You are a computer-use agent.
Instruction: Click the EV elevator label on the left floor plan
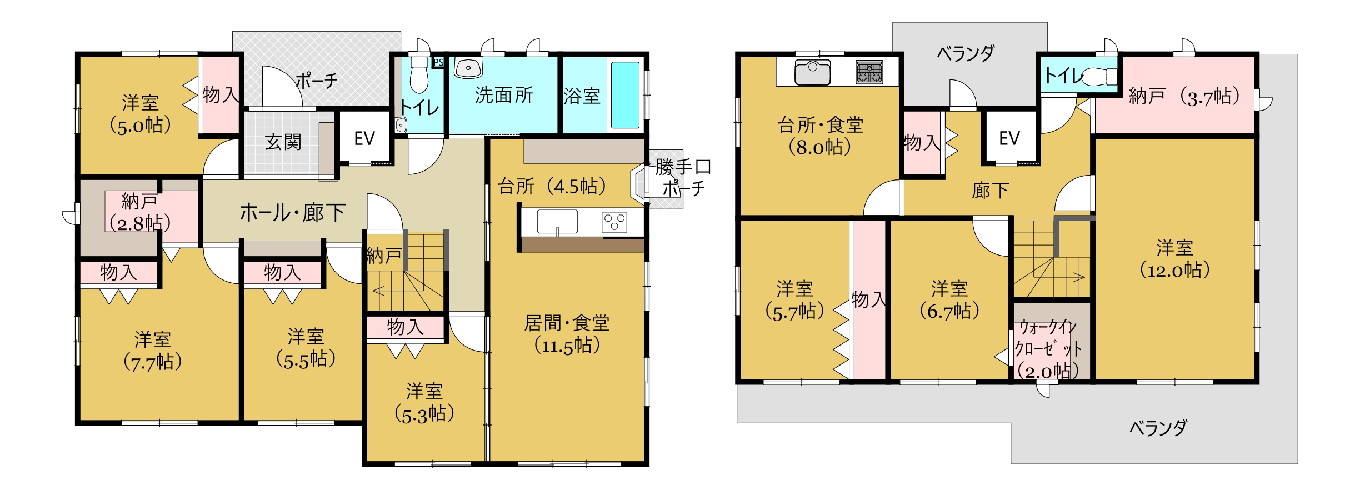coord(364,138)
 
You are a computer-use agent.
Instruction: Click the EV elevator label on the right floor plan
coord(1009,138)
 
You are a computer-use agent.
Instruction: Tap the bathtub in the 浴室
coord(625,95)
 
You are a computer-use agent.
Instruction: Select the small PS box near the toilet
coord(438,62)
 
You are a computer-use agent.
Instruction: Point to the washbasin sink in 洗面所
coord(468,68)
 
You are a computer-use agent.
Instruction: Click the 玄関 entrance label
coord(283,142)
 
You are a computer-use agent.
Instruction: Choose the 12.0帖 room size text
coord(1174,271)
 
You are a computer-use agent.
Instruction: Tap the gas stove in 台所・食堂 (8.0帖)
coord(869,72)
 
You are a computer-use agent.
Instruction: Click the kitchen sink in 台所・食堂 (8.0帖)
coord(813,72)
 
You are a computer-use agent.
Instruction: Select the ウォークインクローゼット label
coord(1048,338)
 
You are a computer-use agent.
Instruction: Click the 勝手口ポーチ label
coord(683,177)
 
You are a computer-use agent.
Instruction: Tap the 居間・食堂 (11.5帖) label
coord(567,334)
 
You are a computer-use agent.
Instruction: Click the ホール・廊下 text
coord(293,213)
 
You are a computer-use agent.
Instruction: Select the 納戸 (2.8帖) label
coord(139,212)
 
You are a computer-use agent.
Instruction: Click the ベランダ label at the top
coord(966,53)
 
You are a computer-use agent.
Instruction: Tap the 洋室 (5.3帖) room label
coord(424,403)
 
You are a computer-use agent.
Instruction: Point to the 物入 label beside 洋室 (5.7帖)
coord(869,300)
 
